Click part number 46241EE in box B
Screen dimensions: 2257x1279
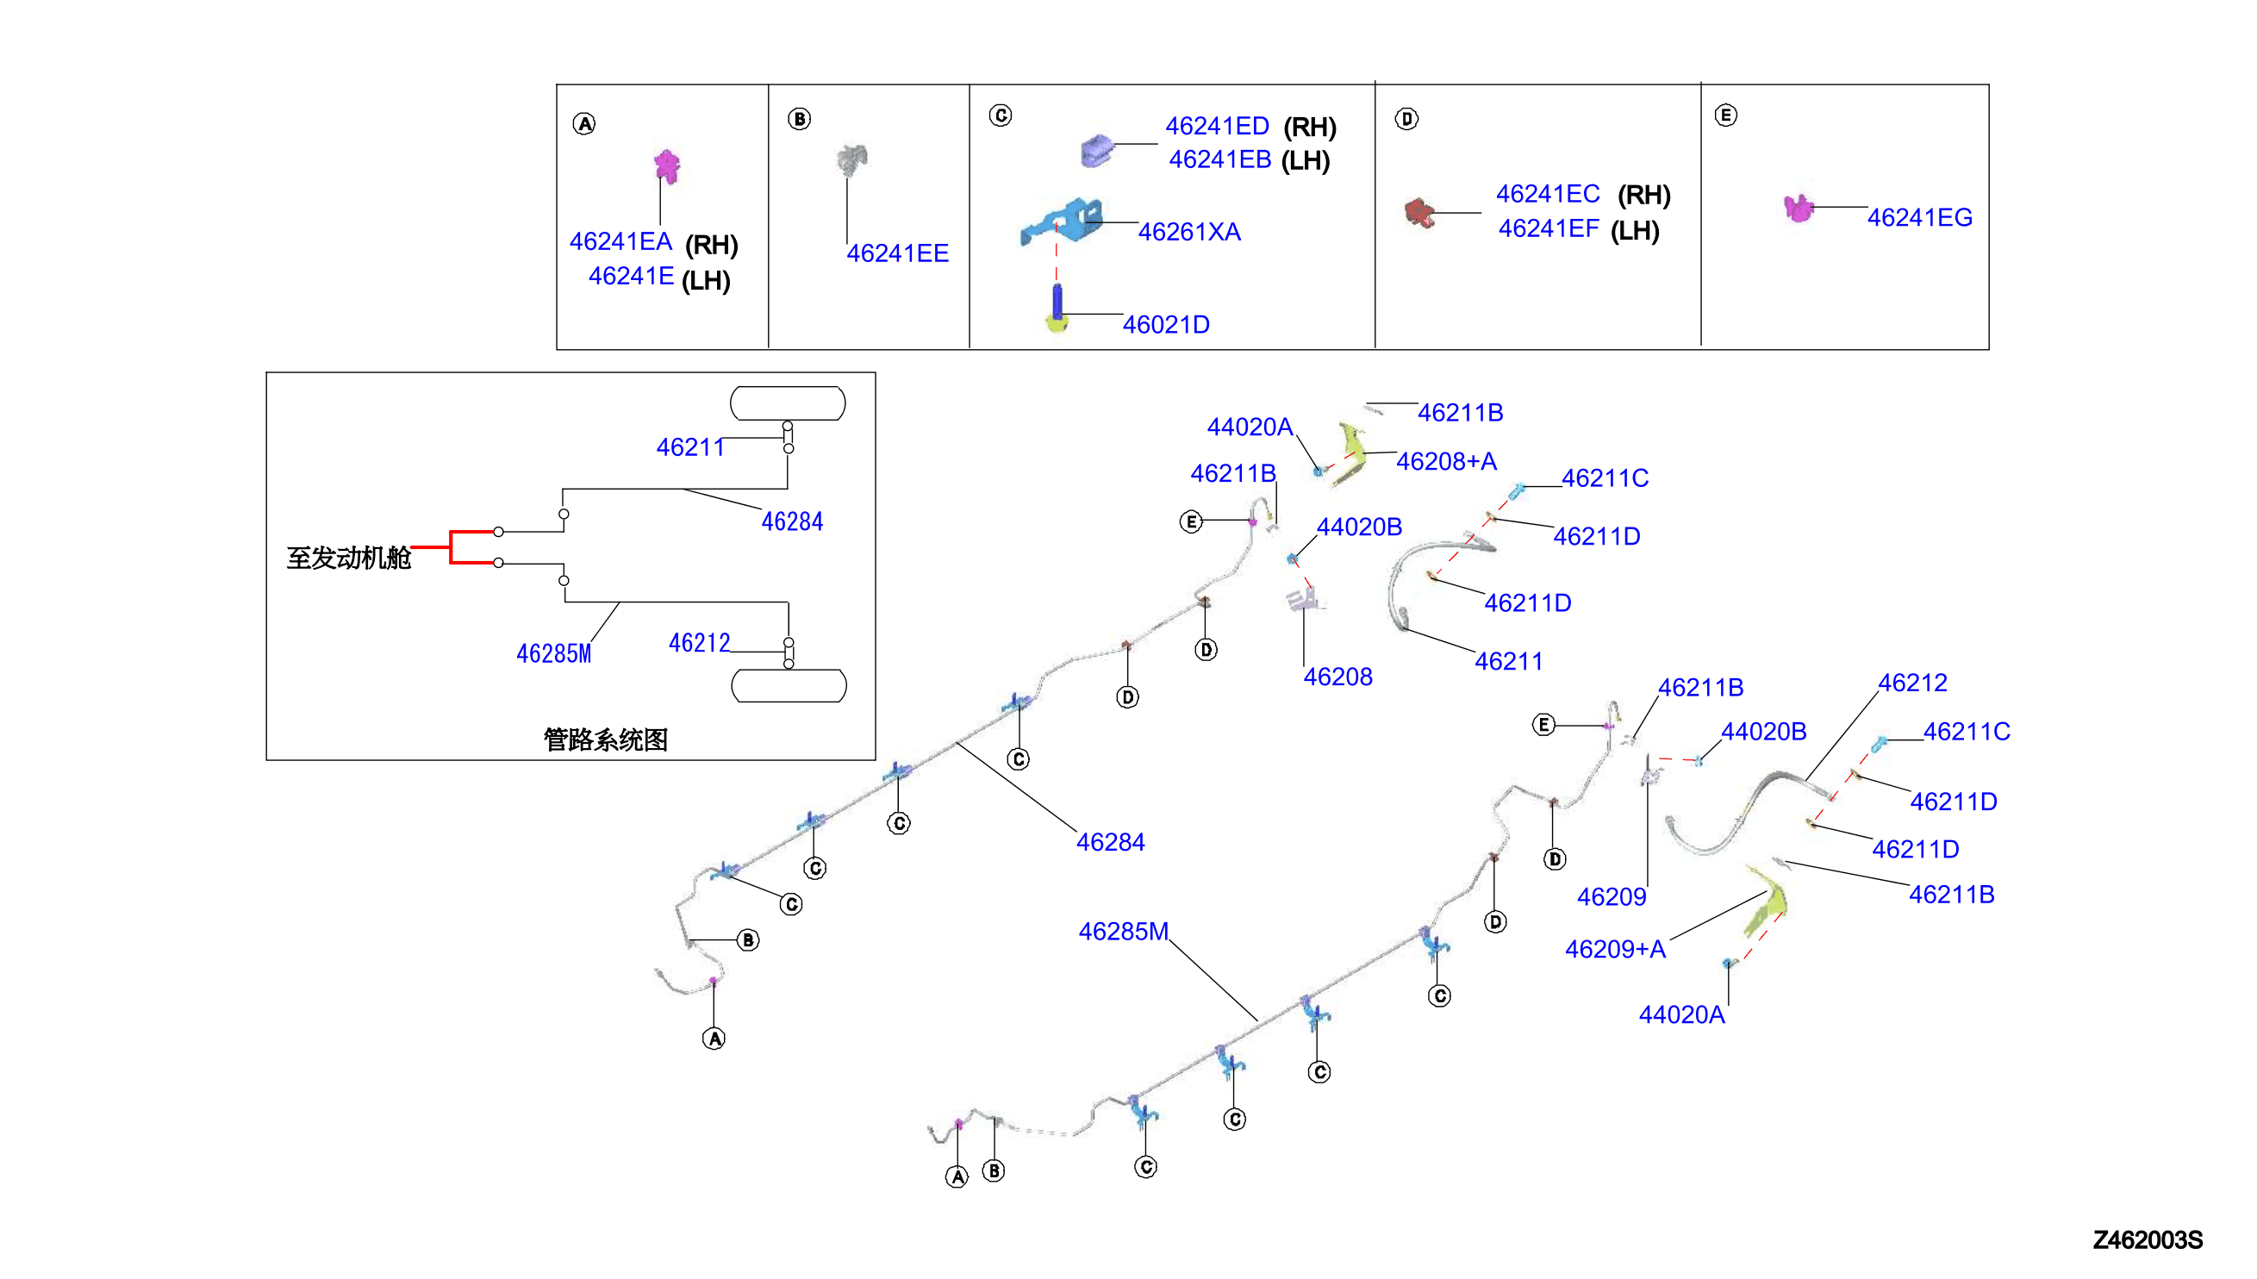pyautogui.click(x=896, y=253)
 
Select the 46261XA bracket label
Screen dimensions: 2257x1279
pyautogui.click(x=1189, y=232)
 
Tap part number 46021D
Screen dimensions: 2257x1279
pyautogui.click(x=1165, y=325)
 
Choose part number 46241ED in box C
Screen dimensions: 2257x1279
pyautogui.click(x=1217, y=126)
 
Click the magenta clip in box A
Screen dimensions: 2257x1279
pyautogui.click(x=666, y=166)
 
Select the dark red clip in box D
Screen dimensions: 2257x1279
pyautogui.click(x=1418, y=213)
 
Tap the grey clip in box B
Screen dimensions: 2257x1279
pyautogui.click(x=851, y=160)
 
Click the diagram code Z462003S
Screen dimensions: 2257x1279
pyautogui.click(x=2148, y=1239)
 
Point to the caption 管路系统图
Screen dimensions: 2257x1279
pyautogui.click(x=605, y=739)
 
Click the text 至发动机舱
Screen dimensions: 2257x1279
pyautogui.click(x=349, y=557)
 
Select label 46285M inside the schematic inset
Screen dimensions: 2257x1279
pyautogui.click(x=553, y=653)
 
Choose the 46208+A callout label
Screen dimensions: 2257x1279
pyautogui.click(x=1446, y=461)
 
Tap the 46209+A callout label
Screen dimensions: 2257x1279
pyautogui.click(x=1615, y=949)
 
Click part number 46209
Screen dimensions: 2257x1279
pyautogui.click(x=1612, y=897)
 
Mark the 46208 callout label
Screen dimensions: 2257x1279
pyautogui.click(x=1337, y=677)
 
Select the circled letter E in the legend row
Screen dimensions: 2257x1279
pyautogui.click(x=1725, y=115)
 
